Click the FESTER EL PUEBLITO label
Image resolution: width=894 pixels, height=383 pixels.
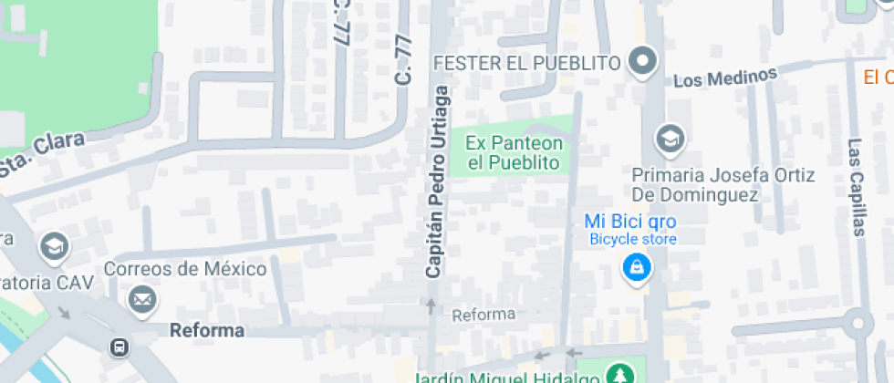tap(527, 63)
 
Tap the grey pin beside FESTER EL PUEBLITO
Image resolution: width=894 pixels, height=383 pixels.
tap(644, 62)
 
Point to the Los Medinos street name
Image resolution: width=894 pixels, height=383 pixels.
tap(725, 77)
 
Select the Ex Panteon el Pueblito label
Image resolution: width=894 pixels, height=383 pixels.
tap(514, 153)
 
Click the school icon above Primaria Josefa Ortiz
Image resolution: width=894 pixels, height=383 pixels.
tap(670, 139)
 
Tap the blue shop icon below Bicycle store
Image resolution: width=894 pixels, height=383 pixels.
tap(636, 268)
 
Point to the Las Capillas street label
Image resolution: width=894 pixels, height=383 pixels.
tap(856, 187)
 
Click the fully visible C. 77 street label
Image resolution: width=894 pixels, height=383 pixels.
tap(404, 61)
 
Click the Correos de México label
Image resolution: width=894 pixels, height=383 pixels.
tap(185, 269)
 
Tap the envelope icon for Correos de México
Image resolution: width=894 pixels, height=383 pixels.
tap(140, 298)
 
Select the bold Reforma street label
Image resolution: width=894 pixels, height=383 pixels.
tap(207, 330)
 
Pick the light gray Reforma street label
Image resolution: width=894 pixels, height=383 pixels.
tap(484, 315)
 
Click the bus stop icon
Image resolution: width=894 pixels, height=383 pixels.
tap(119, 347)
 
